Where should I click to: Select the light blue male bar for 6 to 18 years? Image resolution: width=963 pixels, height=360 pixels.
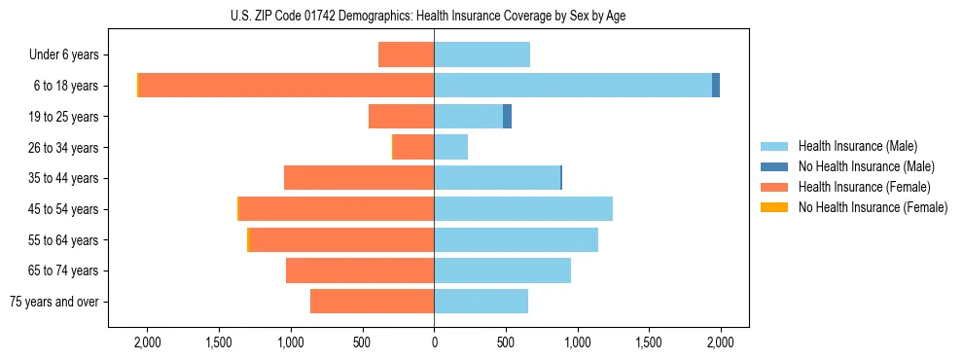pos(573,86)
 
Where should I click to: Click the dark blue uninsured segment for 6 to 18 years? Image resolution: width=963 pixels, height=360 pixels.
pos(716,86)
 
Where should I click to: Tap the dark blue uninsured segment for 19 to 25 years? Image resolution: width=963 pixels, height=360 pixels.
pos(507,117)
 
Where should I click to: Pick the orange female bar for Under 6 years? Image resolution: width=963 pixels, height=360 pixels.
pos(406,55)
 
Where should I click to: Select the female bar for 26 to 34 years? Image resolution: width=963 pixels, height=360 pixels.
pos(413,147)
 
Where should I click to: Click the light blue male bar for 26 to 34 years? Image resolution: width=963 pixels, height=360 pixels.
pos(450,147)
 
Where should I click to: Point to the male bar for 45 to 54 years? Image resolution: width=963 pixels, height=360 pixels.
pos(523,209)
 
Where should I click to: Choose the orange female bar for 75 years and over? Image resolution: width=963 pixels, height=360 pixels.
pos(372,302)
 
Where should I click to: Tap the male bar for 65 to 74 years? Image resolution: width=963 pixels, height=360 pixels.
pos(502,270)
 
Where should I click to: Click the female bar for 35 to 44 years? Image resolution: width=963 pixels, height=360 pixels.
pos(359,178)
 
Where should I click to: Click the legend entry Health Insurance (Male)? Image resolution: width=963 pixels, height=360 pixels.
pos(857,146)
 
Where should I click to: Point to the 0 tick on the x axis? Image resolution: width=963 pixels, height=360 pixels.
pos(434,342)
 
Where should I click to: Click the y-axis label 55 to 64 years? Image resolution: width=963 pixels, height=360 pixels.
pos(63,240)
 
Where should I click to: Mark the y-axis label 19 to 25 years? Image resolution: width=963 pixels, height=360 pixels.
pos(63,117)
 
